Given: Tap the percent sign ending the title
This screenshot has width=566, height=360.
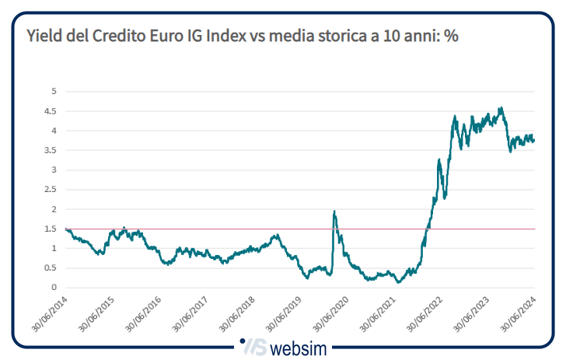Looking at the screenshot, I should (x=450, y=37).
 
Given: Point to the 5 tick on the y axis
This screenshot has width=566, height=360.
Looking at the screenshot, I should (x=54, y=91).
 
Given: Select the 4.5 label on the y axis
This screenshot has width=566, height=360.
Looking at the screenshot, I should (x=51, y=111).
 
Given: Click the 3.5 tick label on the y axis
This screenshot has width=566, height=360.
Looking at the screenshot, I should (x=51, y=170).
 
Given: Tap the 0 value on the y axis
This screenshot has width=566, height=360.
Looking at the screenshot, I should (x=54, y=288).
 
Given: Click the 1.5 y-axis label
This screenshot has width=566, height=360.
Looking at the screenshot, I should (x=51, y=229).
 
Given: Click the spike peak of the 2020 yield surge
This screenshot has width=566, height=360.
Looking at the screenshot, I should (x=334, y=211).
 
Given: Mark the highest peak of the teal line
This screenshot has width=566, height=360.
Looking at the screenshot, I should (x=501, y=108).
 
